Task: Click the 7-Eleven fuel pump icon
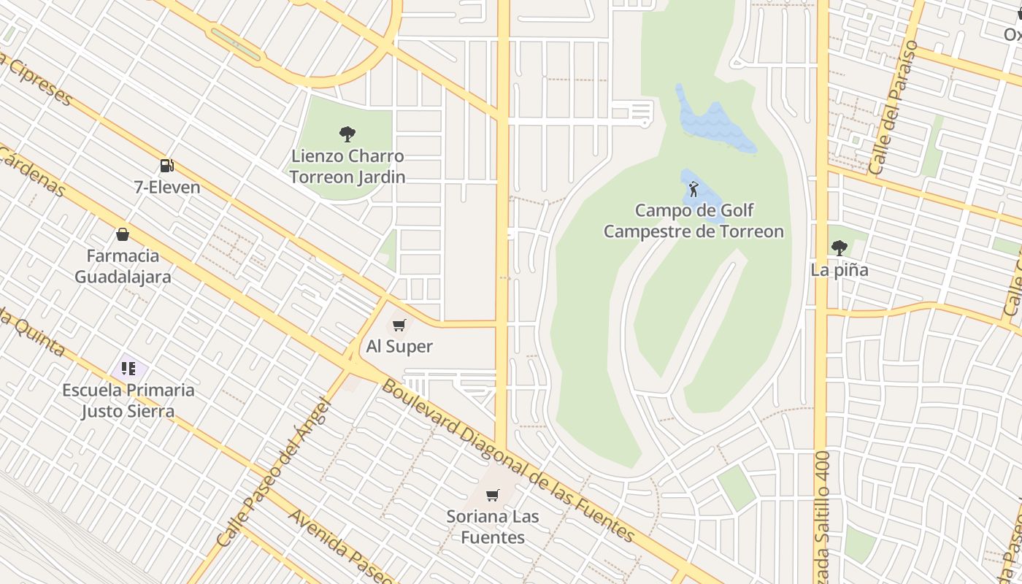[167, 166]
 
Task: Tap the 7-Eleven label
[167, 187]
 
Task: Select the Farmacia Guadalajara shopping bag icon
[123, 234]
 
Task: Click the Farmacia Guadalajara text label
[123, 266]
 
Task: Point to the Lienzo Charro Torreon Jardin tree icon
[347, 134]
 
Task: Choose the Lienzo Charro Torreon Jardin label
[347, 166]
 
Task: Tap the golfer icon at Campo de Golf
[693, 190]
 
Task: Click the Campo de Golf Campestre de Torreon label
[693, 221]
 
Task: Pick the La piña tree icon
[839, 248]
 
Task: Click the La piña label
[839, 270]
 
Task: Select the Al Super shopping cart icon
[399, 325]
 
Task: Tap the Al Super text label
[399, 347]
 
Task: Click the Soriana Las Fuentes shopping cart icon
[493, 496]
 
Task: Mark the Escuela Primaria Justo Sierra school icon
[128, 369]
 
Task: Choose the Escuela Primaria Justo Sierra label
[128, 401]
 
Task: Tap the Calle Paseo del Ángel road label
[275, 472]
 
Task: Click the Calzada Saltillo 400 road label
[823, 507]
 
